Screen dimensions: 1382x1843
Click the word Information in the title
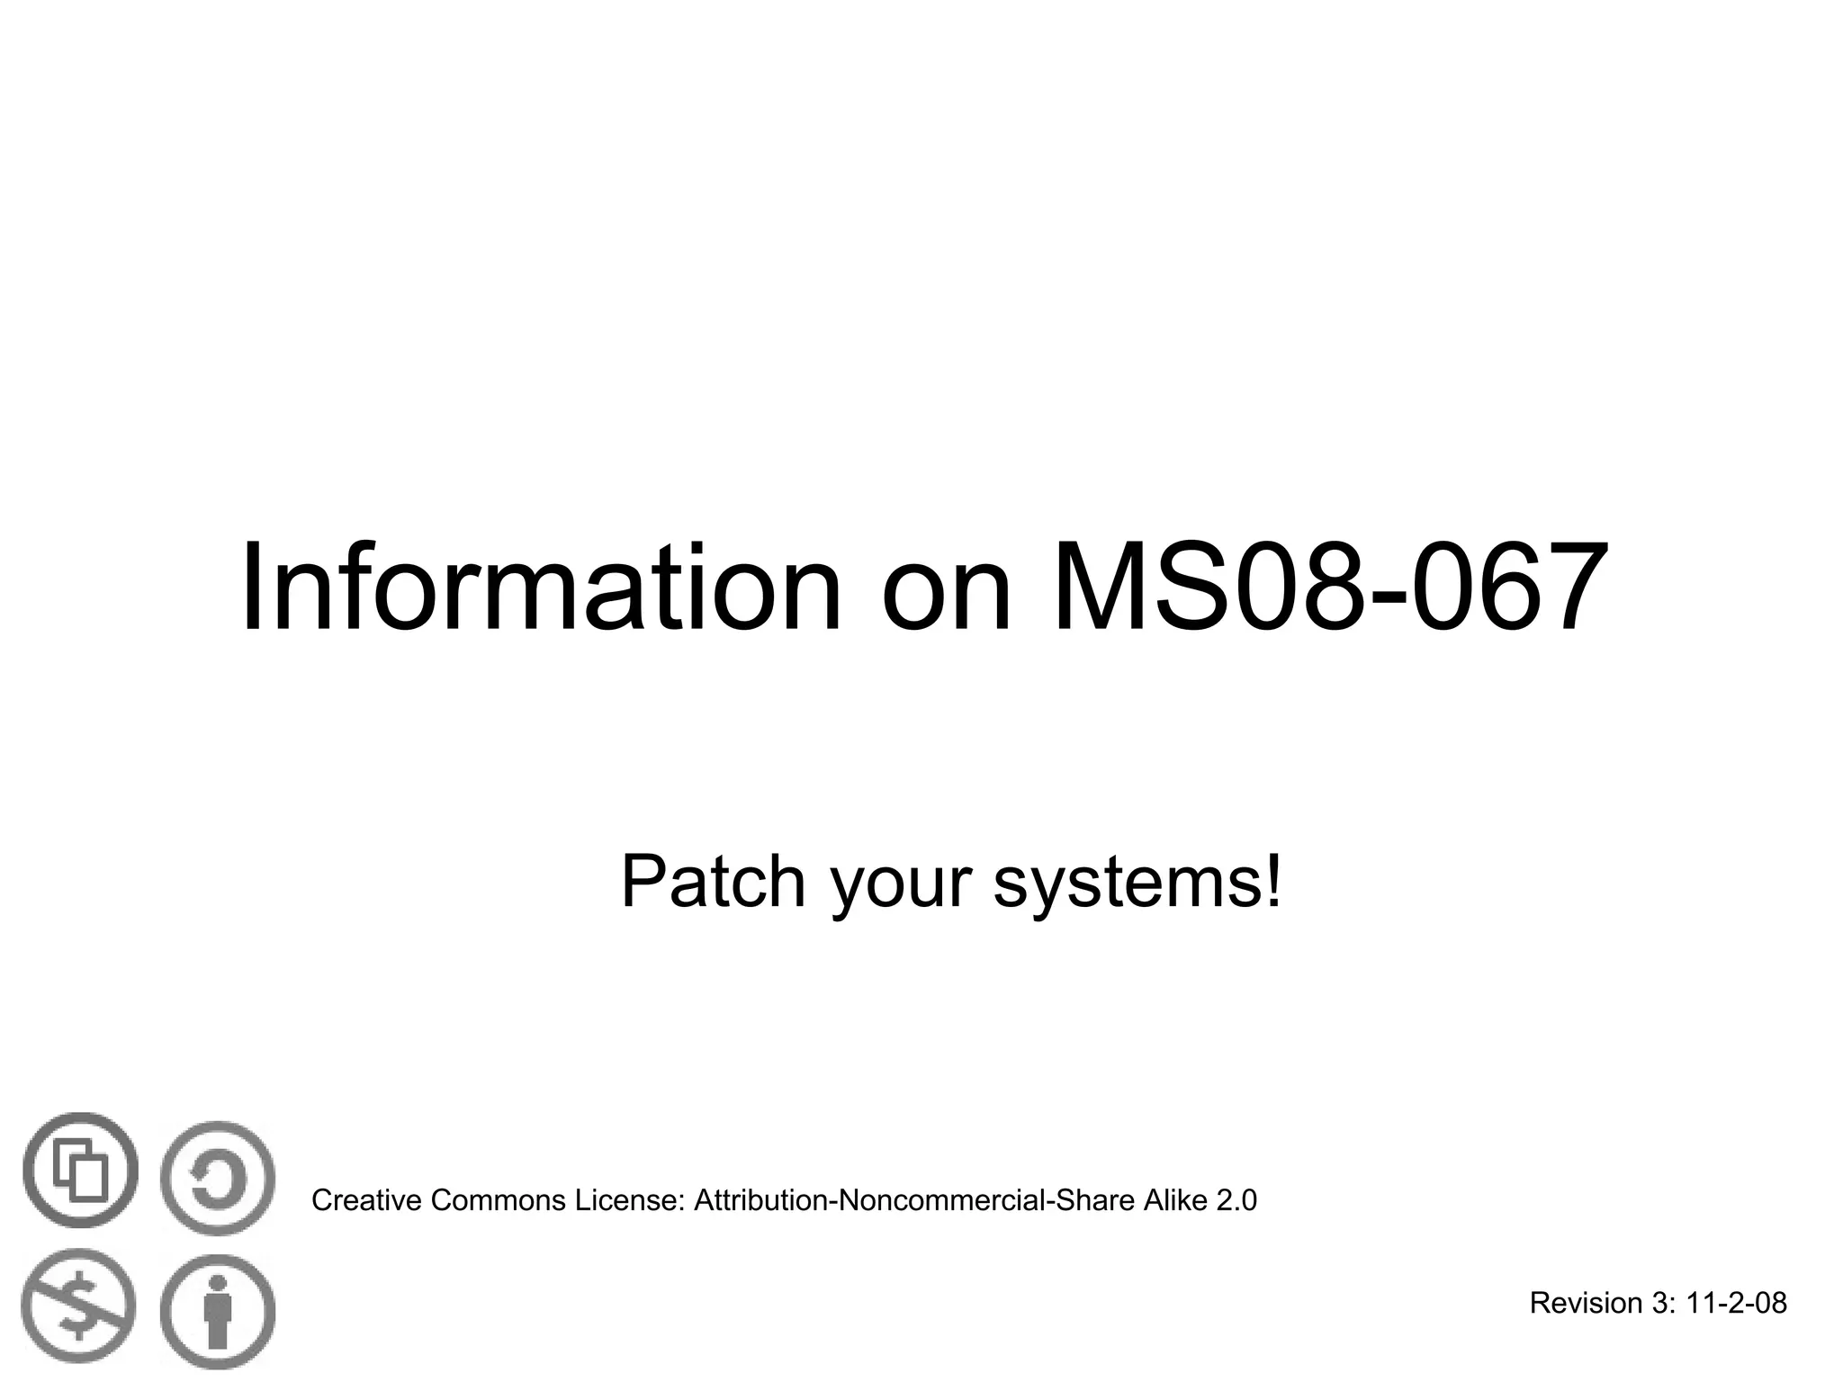point(541,589)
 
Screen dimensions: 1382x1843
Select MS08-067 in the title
point(1329,589)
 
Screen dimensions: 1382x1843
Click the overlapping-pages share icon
point(81,1171)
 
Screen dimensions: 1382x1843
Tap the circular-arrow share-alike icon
point(217,1178)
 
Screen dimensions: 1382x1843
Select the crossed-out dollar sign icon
point(79,1306)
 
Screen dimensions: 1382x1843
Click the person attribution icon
point(218,1312)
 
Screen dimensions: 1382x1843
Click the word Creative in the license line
point(366,1200)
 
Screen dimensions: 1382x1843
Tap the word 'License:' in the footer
point(631,1200)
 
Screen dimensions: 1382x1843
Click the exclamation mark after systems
point(1272,882)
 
